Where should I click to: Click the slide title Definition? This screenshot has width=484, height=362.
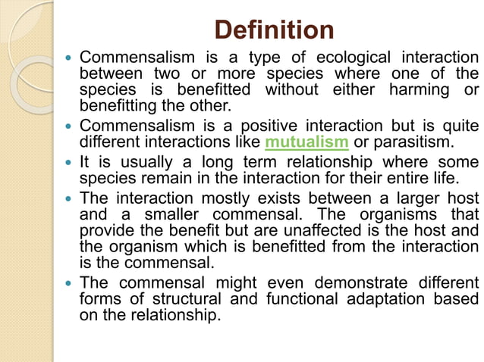(274, 30)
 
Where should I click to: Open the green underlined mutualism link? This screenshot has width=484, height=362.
(306, 142)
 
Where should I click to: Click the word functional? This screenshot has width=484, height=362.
(300, 299)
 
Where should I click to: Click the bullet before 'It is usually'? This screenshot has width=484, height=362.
(70, 162)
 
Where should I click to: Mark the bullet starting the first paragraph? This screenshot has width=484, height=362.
(70, 58)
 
